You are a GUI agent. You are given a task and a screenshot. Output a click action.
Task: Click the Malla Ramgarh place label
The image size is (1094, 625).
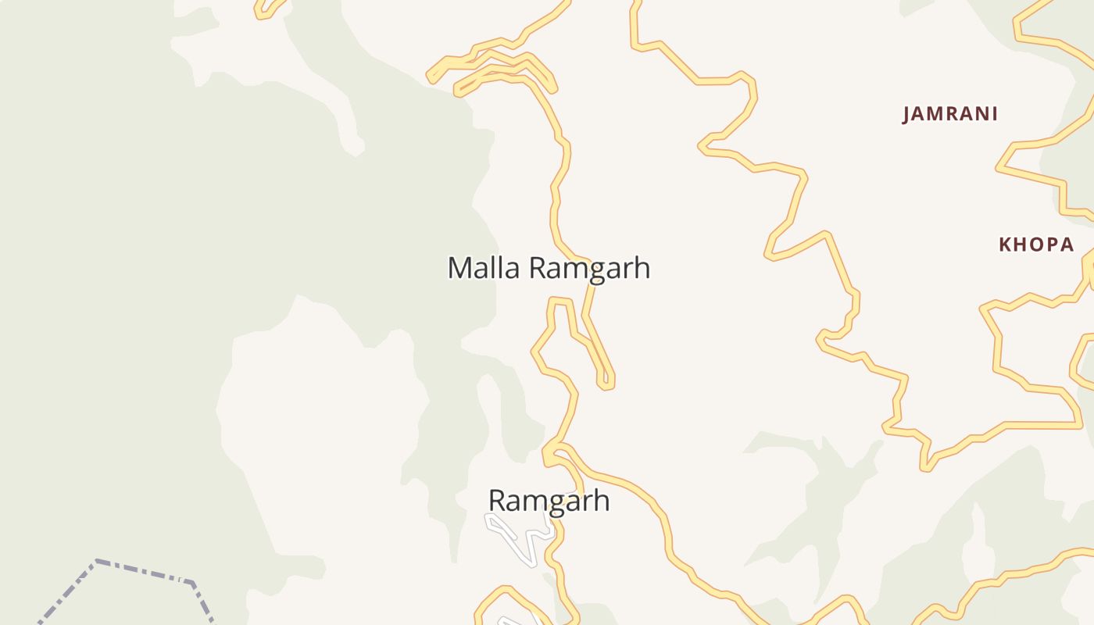[x=549, y=268]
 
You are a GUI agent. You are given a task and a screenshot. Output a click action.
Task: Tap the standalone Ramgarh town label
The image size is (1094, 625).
[x=549, y=500]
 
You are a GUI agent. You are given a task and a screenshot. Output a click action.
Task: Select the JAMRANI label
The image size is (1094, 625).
[x=950, y=114]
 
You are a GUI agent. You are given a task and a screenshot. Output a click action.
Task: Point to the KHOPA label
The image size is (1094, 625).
[x=1036, y=245]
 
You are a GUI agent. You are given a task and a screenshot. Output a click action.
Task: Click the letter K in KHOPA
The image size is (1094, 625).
[x=1005, y=245]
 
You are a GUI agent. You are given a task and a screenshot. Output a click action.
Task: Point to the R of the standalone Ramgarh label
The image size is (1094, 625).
[x=497, y=500]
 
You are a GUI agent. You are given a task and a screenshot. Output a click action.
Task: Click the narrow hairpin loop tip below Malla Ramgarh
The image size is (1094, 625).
[x=606, y=384]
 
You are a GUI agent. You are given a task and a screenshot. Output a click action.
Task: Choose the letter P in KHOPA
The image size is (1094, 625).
[x=1050, y=245]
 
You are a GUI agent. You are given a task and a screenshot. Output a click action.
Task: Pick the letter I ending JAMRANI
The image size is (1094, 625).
[x=994, y=114]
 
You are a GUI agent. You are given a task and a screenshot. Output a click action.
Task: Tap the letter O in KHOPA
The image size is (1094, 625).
[x=1036, y=245]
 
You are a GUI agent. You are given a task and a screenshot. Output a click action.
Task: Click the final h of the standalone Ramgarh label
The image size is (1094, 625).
[x=601, y=500]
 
